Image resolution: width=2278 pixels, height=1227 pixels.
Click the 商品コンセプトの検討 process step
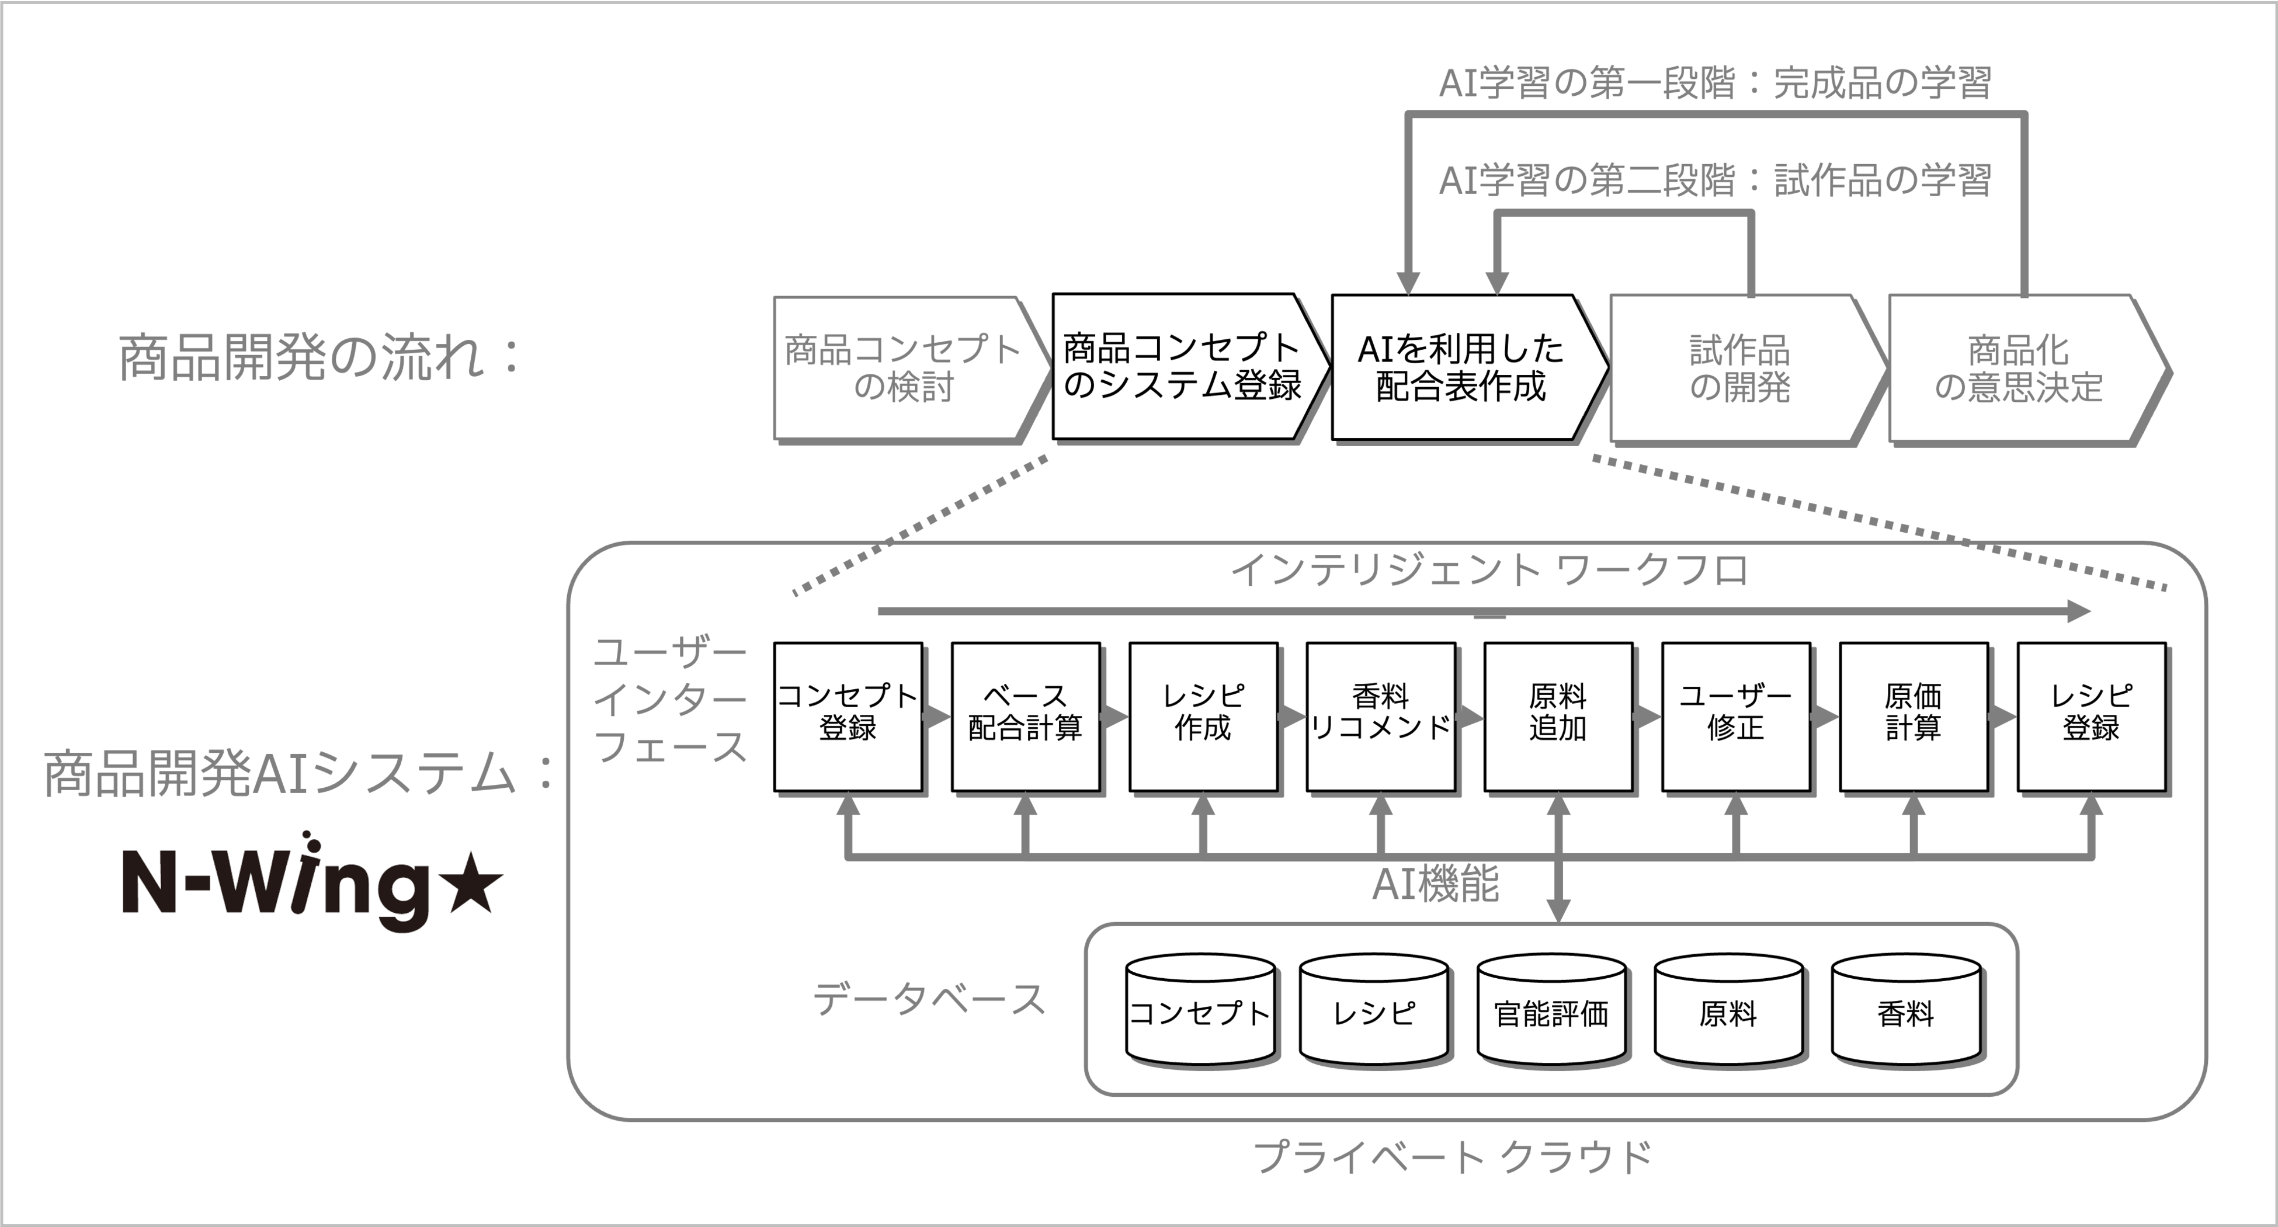[902, 368]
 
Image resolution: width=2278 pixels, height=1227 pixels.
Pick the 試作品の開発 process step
[1739, 369]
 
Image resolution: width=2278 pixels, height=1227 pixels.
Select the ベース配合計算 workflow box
[1026, 716]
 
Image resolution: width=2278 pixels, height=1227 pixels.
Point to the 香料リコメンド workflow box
[1380, 716]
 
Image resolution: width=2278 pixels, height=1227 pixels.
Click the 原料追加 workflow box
[1558, 716]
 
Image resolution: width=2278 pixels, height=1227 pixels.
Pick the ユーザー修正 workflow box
[1736, 716]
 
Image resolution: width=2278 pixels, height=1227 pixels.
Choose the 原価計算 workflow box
[1914, 716]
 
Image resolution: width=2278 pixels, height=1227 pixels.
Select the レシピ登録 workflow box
[2092, 716]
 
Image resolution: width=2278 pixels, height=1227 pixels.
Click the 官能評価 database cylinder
[1552, 1012]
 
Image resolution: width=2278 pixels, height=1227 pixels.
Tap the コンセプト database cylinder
[1200, 1012]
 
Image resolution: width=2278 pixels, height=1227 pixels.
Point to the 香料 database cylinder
[1906, 1012]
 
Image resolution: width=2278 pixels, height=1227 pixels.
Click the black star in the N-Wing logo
[471, 885]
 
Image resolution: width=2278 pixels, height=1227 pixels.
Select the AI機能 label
[1435, 884]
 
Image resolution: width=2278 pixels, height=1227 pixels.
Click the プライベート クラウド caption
[1453, 1156]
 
